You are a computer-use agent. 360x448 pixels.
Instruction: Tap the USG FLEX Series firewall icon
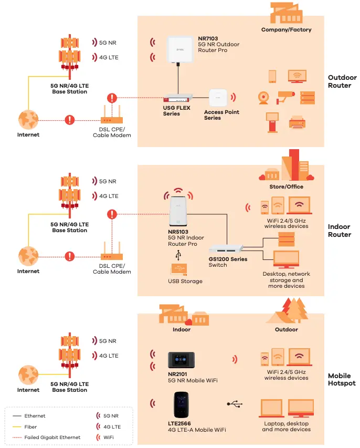[178, 97]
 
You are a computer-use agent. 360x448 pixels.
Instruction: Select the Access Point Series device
[218, 98]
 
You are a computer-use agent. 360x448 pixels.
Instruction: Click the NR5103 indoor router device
[178, 215]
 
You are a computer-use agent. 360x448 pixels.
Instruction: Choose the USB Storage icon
[179, 269]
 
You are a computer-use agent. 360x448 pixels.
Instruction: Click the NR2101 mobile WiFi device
[182, 360]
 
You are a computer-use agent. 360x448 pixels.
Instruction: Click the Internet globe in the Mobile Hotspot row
[28, 375]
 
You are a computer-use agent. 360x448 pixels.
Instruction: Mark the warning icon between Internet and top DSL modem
[70, 120]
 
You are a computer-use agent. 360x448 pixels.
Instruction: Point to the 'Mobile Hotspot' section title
[342, 380]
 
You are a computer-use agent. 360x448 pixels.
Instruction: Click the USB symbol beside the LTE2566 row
[235, 404]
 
